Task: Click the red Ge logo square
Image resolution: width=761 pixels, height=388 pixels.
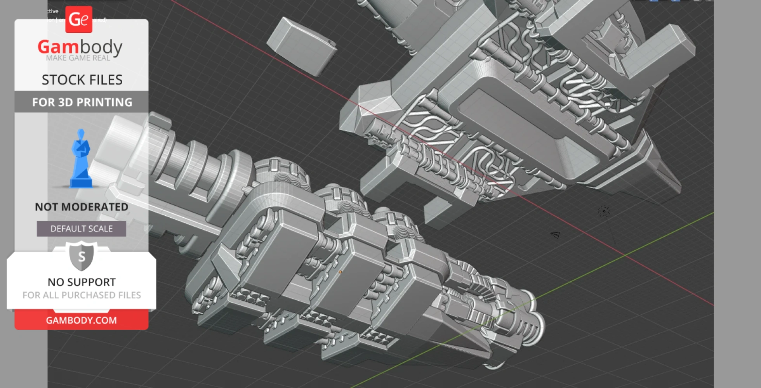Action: pyautogui.click(x=79, y=19)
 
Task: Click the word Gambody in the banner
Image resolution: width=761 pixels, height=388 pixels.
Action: pyautogui.click(x=80, y=47)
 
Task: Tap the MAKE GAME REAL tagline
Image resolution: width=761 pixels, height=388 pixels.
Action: pyautogui.click(x=78, y=58)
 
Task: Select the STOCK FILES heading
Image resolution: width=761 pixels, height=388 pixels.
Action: pyautogui.click(x=82, y=80)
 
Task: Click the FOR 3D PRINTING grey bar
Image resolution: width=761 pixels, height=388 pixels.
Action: pyautogui.click(x=82, y=102)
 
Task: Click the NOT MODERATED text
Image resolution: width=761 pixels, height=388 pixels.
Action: pyautogui.click(x=82, y=207)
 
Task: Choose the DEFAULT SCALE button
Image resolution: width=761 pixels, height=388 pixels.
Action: pyautogui.click(x=82, y=229)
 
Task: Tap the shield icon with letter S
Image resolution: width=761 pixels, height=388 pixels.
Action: pyautogui.click(x=82, y=256)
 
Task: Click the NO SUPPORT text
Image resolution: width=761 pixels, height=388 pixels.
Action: pyautogui.click(x=82, y=282)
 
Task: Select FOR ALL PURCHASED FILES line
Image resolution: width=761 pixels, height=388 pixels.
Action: pyautogui.click(x=82, y=295)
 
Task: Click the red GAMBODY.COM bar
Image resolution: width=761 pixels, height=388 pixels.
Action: pyautogui.click(x=82, y=320)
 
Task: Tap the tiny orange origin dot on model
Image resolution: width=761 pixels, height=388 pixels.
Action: pyautogui.click(x=340, y=272)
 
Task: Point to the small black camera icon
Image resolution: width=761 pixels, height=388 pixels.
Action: pyautogui.click(x=556, y=235)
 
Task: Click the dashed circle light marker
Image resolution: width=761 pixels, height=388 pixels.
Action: pyautogui.click(x=604, y=211)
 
